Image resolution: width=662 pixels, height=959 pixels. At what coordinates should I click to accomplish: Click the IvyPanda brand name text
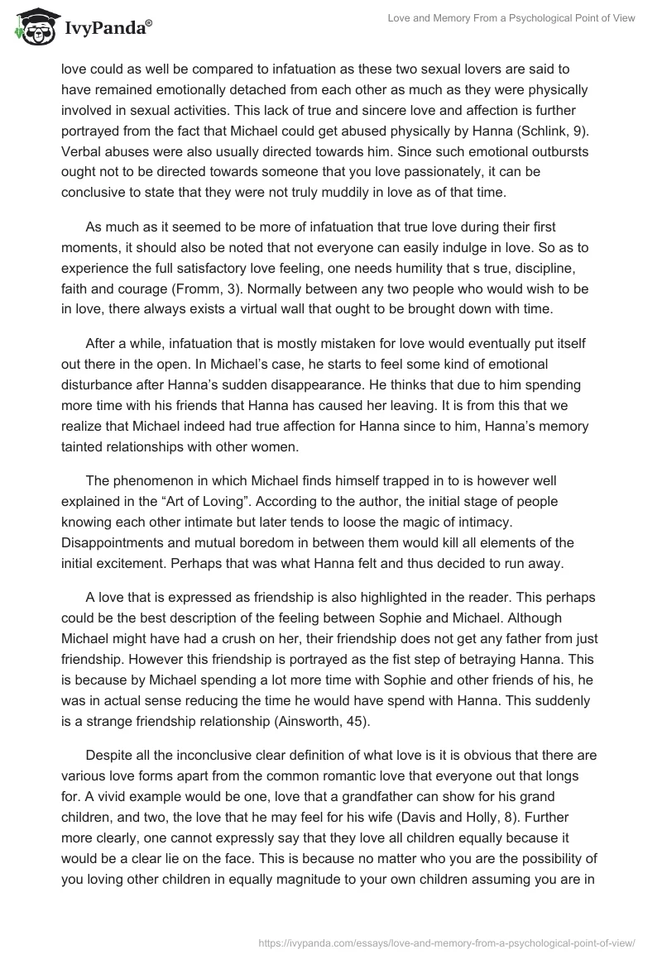[107, 29]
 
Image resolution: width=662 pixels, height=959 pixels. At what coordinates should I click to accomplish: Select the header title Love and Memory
[511, 18]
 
